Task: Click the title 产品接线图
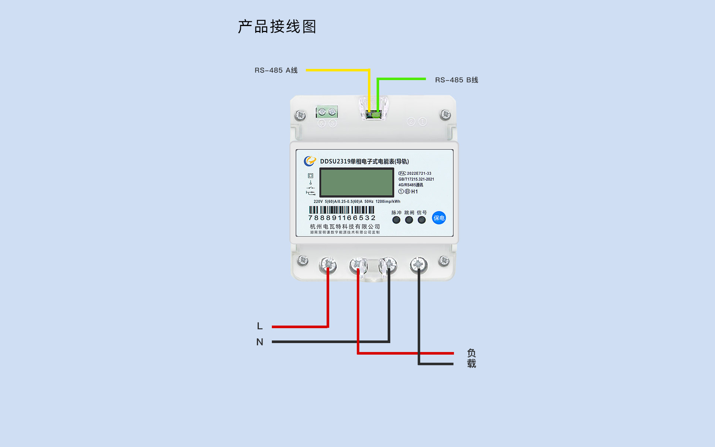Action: [x=277, y=27]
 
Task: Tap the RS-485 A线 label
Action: [x=276, y=70]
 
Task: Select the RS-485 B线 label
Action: [x=457, y=80]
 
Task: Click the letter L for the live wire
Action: [x=260, y=326]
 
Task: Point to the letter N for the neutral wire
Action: [x=260, y=342]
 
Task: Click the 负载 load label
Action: [x=471, y=358]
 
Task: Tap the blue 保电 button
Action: [x=439, y=218]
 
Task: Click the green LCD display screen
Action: [x=357, y=182]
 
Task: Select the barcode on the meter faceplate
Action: [x=341, y=210]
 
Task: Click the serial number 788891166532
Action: [x=342, y=218]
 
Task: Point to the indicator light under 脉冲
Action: [x=396, y=220]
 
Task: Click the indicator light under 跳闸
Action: [x=409, y=220]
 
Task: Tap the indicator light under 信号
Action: [x=422, y=220]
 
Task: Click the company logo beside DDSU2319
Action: [x=309, y=161]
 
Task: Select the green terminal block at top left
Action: [x=327, y=112]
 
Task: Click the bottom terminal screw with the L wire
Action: [x=328, y=265]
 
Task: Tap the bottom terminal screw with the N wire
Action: [x=389, y=264]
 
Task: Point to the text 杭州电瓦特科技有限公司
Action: [x=345, y=226]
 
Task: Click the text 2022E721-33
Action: [x=419, y=174]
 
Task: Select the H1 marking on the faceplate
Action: [x=414, y=191]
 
